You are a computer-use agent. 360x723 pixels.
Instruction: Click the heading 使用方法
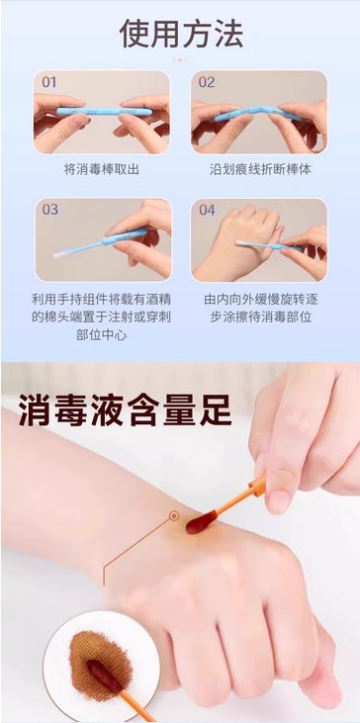(x=181, y=34)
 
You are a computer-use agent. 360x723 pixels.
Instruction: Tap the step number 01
(x=49, y=82)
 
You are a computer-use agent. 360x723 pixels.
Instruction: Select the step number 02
(x=207, y=82)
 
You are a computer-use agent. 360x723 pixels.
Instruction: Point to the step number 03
(x=50, y=210)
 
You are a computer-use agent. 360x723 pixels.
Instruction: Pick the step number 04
(x=207, y=210)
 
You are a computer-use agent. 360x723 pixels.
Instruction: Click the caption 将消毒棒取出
(x=102, y=169)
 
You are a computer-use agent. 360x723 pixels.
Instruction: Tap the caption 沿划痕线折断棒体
(x=260, y=169)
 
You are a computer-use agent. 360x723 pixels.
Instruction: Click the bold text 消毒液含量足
(x=126, y=408)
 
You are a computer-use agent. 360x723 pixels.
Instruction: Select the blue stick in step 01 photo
(x=104, y=112)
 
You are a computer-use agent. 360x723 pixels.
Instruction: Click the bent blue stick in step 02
(x=258, y=114)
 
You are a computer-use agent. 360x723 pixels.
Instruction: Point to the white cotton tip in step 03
(x=62, y=253)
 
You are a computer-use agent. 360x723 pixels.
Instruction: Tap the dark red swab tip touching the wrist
(x=200, y=522)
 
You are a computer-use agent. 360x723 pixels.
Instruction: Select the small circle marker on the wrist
(x=174, y=516)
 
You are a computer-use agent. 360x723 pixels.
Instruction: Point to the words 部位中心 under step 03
(x=102, y=334)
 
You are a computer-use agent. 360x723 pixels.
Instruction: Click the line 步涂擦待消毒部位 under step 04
(x=261, y=317)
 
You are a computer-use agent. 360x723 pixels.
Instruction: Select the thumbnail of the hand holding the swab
(x=103, y=239)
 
